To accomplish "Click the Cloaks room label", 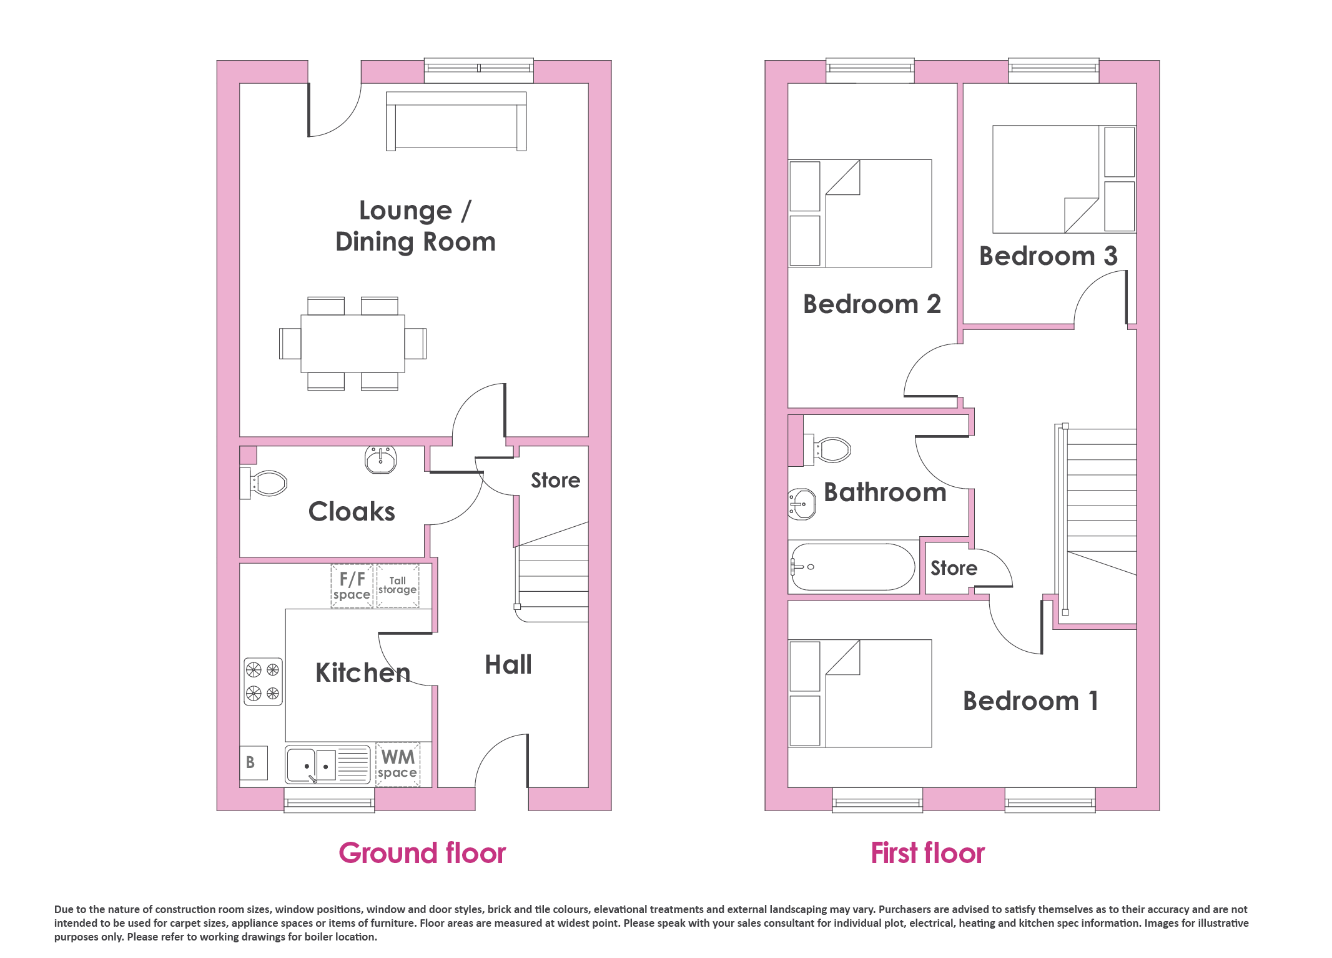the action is click(352, 512).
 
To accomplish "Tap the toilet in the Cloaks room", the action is click(264, 483).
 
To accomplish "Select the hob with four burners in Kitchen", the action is click(263, 681).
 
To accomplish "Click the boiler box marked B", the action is click(254, 762).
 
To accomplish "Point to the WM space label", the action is click(398, 764).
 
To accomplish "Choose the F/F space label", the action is click(352, 586).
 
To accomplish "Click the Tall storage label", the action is click(398, 585).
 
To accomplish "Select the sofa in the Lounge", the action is click(456, 121).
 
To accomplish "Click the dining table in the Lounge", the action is click(353, 344).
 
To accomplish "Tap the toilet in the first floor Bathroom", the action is click(828, 449).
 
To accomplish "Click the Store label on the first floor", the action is click(954, 568).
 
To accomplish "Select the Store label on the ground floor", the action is click(555, 480).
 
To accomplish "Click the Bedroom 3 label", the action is click(1048, 256).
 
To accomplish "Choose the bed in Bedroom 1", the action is click(861, 694).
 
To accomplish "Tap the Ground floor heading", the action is click(422, 853).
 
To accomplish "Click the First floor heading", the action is click(928, 853).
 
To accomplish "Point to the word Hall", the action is click(508, 665).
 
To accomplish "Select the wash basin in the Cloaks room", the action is click(381, 459).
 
